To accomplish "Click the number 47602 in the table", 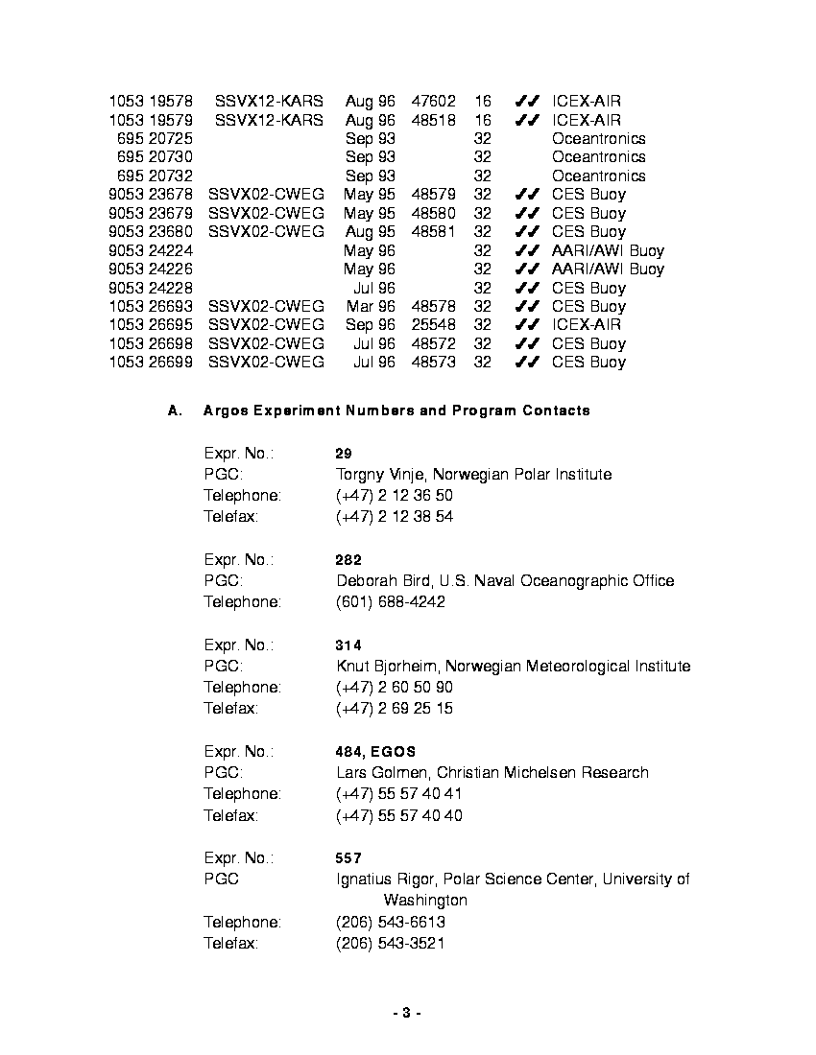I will coord(433,101).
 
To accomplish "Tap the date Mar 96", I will coord(371,307).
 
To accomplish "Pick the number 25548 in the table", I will coord(433,325).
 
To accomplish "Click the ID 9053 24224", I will coord(152,251).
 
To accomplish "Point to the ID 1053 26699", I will coord(152,363).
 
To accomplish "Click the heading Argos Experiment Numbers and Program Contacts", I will coord(396,410).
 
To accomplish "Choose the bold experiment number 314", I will coord(348,645).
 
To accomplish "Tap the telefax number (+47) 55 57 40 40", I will coord(398,815).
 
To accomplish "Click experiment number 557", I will coord(348,858).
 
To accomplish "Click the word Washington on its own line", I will coord(425,901).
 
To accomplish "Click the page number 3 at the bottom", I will coord(407,1013).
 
